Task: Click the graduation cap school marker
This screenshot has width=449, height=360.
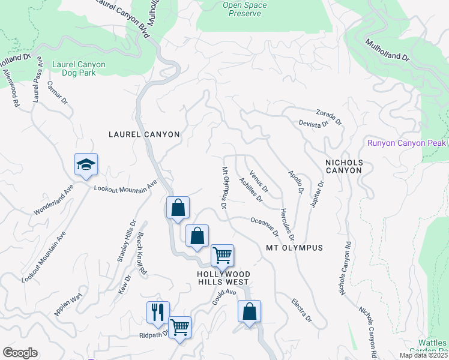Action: point(86,164)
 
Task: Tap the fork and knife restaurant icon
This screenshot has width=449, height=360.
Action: point(158,311)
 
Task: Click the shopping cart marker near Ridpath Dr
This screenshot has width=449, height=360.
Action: point(179,327)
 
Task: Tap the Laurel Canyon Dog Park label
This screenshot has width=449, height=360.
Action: point(79,68)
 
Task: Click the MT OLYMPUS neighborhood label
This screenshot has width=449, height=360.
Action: point(294,248)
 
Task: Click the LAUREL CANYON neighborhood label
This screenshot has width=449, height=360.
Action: point(144,134)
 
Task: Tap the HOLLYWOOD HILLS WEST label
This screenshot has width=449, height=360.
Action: point(223,278)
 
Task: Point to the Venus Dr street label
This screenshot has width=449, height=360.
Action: point(258,181)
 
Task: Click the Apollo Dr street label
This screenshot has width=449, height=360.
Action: point(295,181)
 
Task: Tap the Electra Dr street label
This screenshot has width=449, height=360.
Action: point(301,310)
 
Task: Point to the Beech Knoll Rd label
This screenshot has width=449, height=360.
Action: point(142,253)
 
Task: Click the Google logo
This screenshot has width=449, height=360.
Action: point(20,353)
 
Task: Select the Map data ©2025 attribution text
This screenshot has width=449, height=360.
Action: point(423,355)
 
